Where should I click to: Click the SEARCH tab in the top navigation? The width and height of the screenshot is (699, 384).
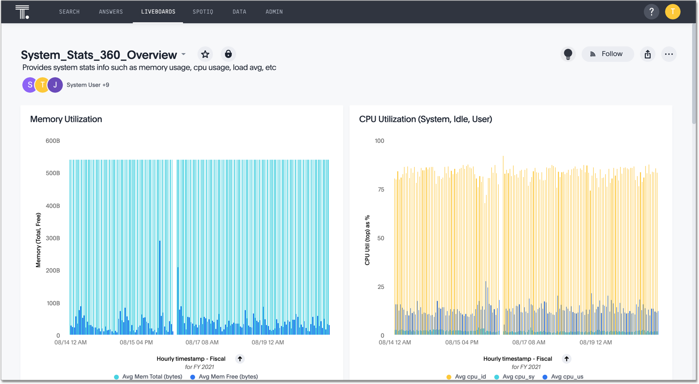(69, 12)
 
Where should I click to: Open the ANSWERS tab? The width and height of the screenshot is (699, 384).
(111, 12)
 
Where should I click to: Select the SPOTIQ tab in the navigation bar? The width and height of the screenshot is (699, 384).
(203, 12)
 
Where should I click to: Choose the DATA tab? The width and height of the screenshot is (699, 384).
(239, 12)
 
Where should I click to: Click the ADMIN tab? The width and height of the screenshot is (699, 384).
(274, 12)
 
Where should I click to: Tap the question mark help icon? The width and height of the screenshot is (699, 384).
(651, 12)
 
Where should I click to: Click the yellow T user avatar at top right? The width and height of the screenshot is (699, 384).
(672, 12)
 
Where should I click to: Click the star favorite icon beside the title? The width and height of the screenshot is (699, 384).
(205, 54)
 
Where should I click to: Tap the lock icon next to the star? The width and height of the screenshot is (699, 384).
(228, 54)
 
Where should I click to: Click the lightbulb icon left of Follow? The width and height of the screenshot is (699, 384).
(568, 54)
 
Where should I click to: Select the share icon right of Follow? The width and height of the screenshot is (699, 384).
(648, 54)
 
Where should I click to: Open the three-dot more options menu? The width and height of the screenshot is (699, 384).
(669, 54)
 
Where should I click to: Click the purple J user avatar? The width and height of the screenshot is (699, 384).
(55, 85)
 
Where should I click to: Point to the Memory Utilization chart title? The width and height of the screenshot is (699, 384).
(66, 119)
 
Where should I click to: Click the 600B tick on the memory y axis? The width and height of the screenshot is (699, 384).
(53, 141)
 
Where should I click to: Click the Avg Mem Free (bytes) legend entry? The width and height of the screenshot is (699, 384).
(228, 377)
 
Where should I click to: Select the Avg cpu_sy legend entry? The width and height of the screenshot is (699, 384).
(518, 377)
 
